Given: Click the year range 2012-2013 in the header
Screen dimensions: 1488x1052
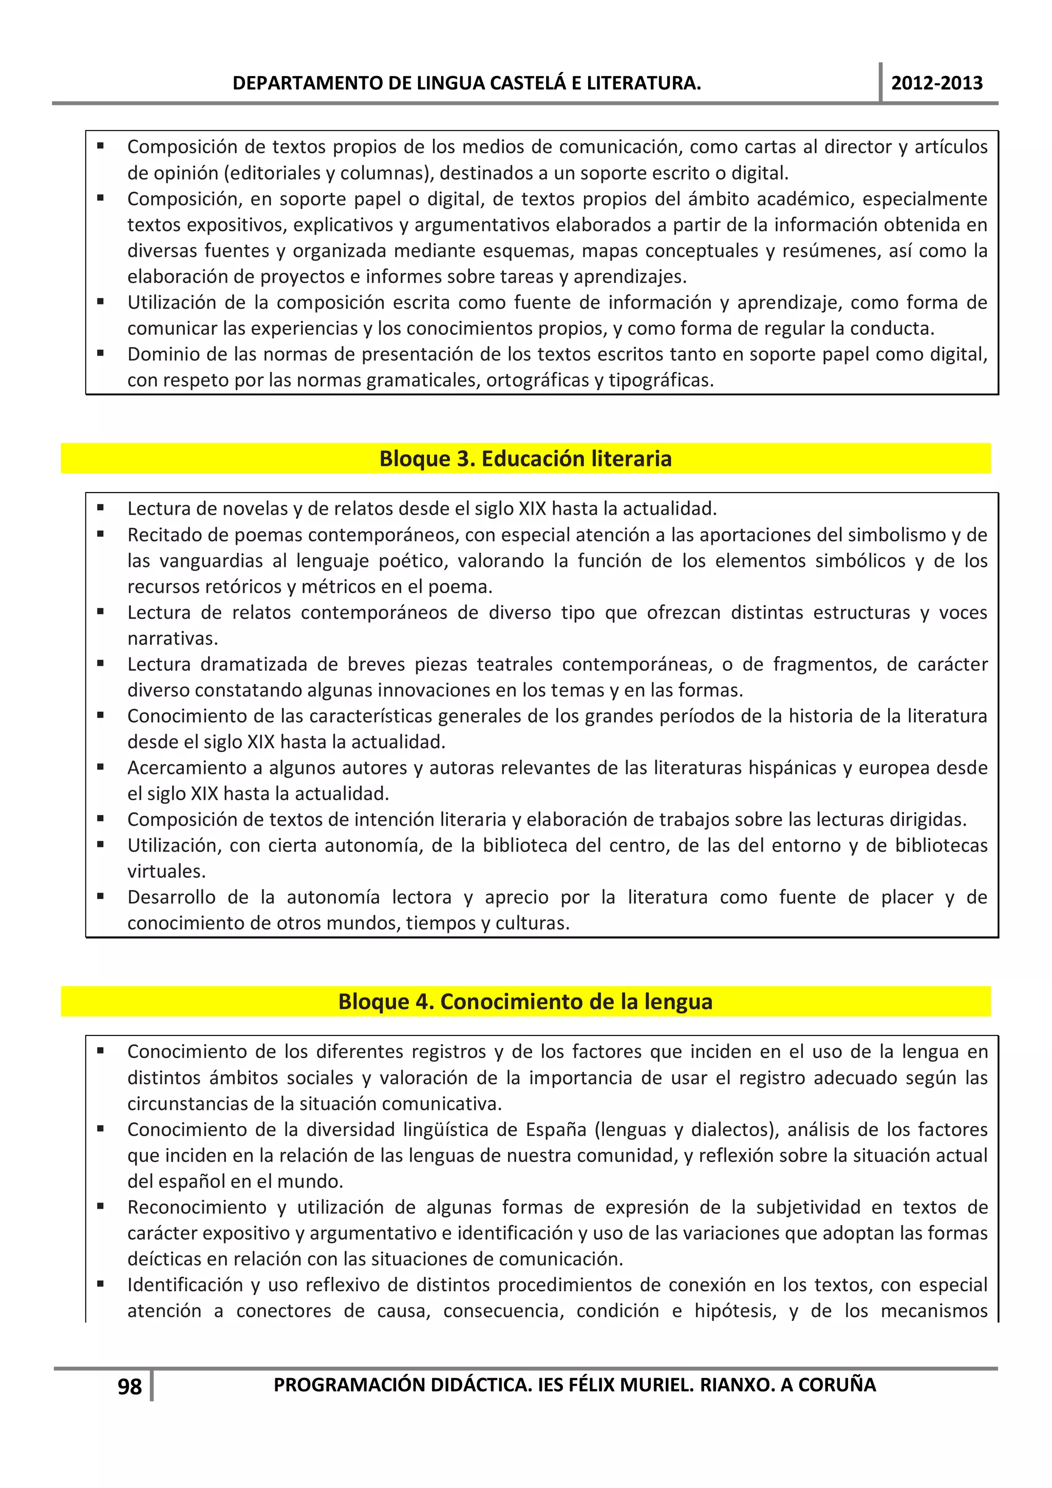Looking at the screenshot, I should click(x=936, y=83).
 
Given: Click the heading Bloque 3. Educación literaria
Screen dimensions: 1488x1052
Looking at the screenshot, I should click(x=525, y=458).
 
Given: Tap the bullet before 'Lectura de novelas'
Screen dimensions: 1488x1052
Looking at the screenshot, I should click(x=101, y=508).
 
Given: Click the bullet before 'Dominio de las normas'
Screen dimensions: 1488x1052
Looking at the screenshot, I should click(x=101, y=354).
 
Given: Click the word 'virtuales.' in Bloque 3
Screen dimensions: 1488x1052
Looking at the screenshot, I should click(x=166, y=871).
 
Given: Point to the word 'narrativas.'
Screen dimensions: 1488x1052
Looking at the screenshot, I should click(x=173, y=638).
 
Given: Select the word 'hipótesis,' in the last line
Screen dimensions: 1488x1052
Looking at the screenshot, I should click(x=735, y=1311).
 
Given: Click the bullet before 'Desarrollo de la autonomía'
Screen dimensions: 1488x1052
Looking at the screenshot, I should click(x=101, y=897).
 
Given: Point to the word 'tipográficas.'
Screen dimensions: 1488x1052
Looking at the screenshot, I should click(x=661, y=381).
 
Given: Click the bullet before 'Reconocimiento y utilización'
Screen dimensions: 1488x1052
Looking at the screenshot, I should click(x=101, y=1207).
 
